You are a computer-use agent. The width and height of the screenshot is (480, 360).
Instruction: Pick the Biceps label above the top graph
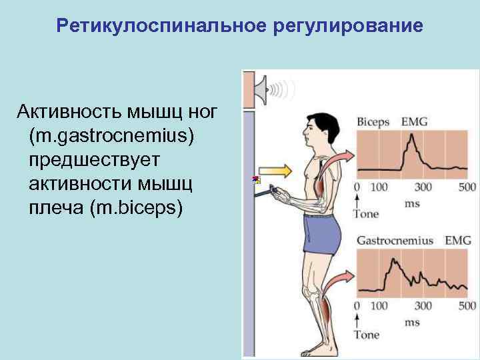pyautogui.click(x=373, y=122)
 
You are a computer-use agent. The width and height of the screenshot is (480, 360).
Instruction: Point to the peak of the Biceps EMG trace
pyautogui.click(x=412, y=137)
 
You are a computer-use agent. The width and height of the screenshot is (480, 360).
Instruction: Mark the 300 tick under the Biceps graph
pyautogui.click(x=423, y=187)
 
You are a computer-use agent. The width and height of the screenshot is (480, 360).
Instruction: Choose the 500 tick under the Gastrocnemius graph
pyautogui.click(x=467, y=306)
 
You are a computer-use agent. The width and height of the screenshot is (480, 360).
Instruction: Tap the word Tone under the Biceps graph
pyautogui.click(x=365, y=215)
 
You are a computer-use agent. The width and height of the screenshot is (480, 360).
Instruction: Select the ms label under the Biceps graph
pyautogui.click(x=412, y=203)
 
